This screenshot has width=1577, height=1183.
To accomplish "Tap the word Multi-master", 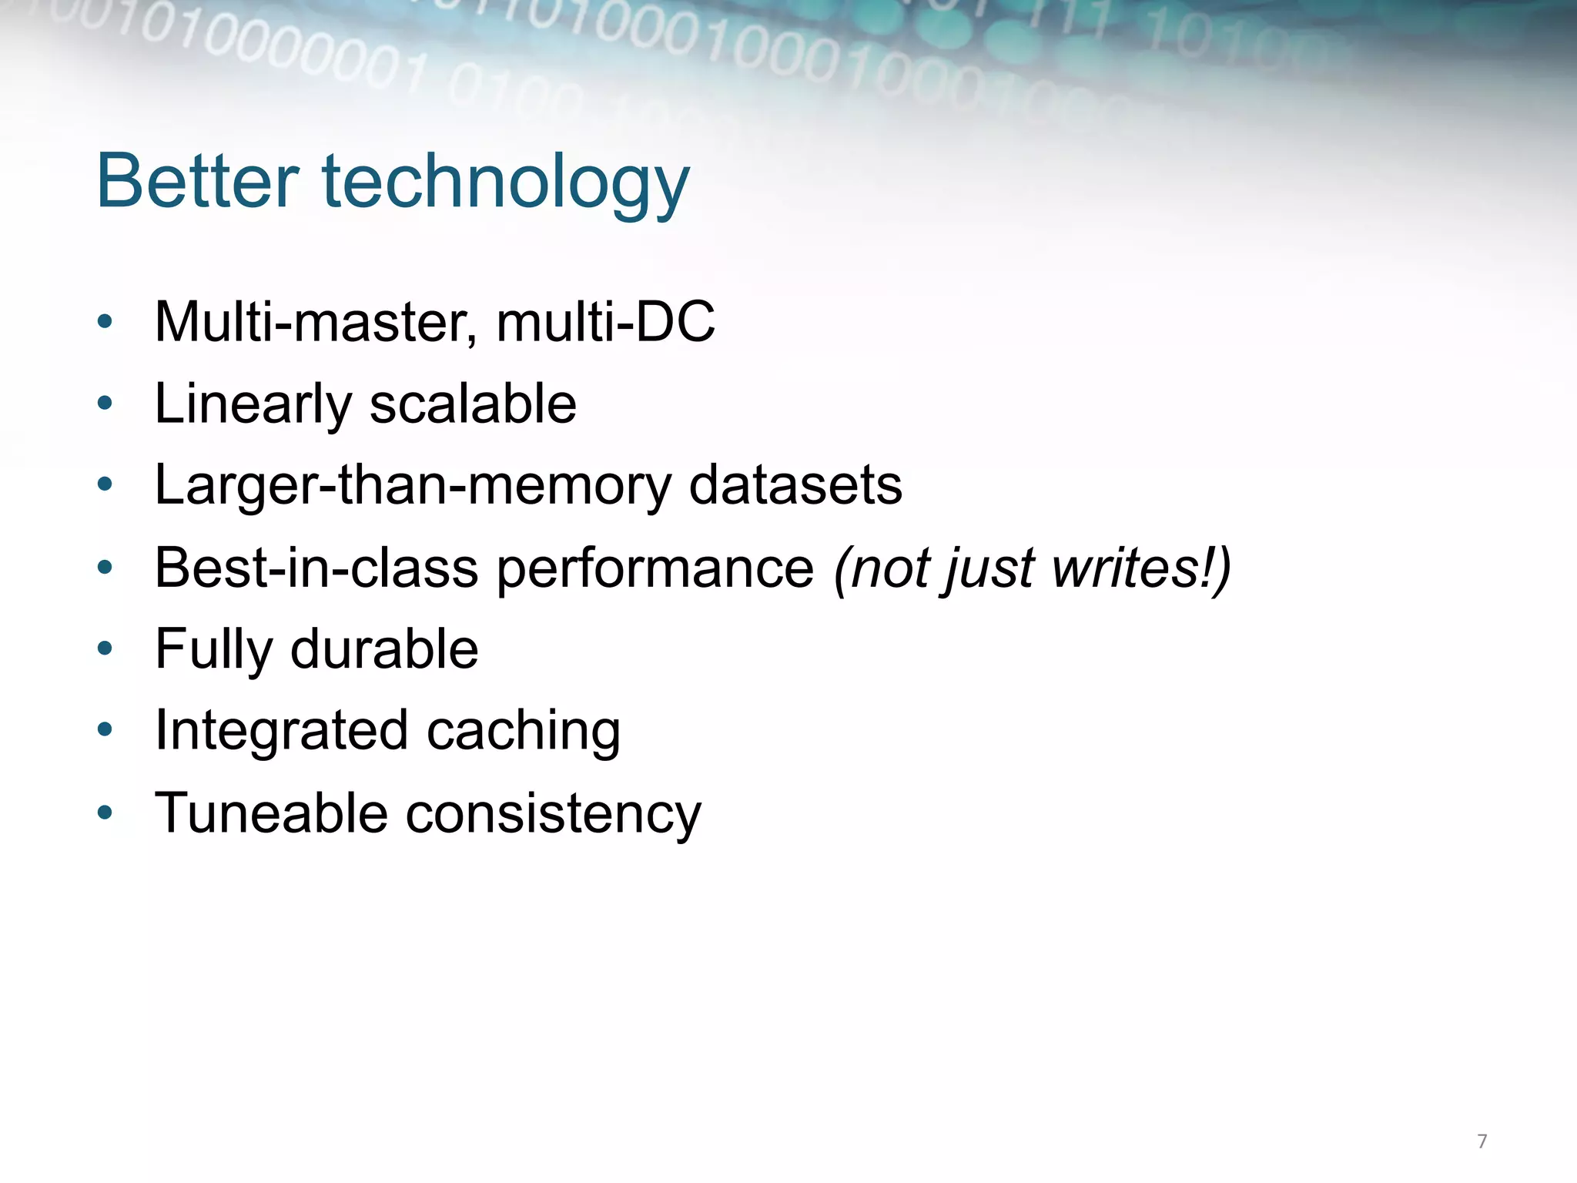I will click(316, 322).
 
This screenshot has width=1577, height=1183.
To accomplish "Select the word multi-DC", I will click(606, 322).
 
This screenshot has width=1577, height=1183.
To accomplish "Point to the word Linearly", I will click(253, 405).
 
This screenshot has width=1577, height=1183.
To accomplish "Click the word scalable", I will click(473, 404).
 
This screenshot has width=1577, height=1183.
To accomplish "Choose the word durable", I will click(384, 649).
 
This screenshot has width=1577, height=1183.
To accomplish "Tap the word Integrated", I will click(281, 732).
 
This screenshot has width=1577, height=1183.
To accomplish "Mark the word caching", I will click(524, 732).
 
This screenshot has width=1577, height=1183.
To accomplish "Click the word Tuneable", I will click(271, 813).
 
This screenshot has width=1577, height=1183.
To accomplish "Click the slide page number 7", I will click(1482, 1141).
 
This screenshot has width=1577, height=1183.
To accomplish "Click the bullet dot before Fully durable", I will click(105, 648).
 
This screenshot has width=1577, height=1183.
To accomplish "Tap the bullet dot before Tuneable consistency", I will click(105, 813).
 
